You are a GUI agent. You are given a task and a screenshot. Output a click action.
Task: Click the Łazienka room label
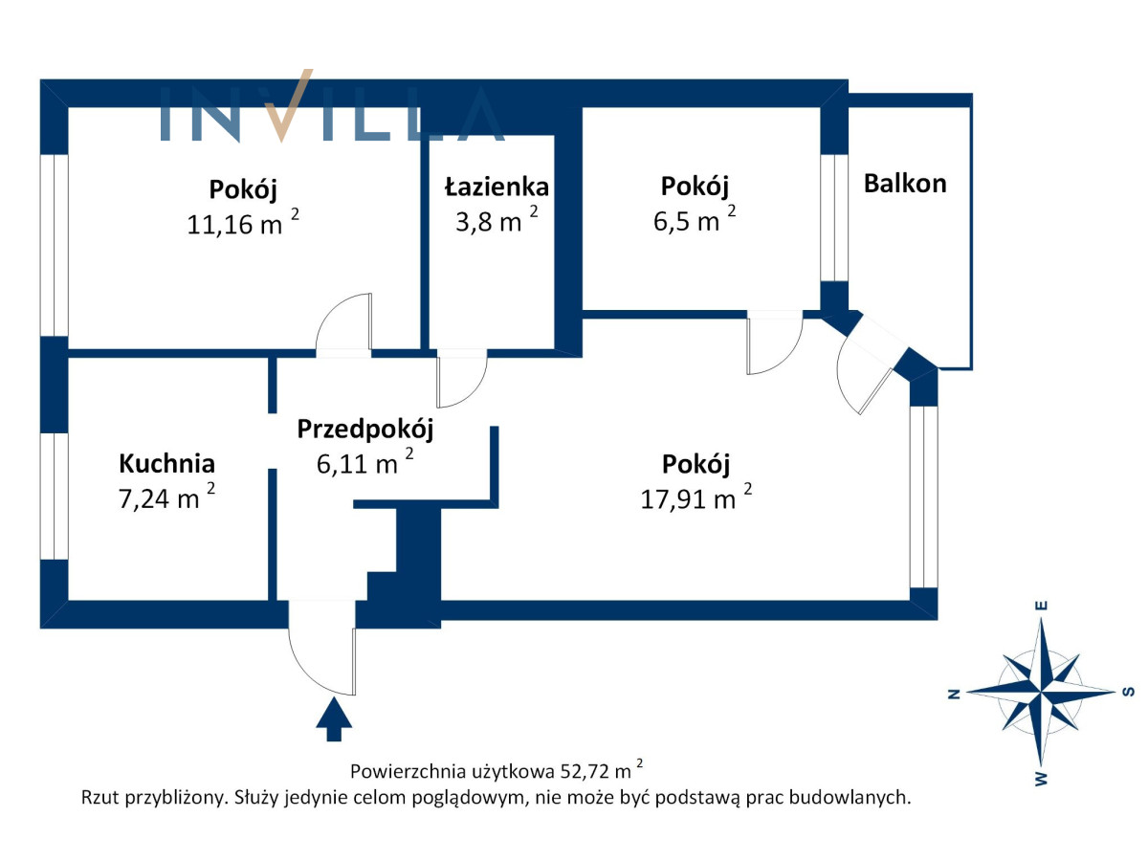(x=497, y=188)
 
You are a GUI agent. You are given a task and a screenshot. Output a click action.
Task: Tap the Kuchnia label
(x=166, y=463)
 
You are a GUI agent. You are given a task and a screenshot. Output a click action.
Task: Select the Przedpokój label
(x=365, y=430)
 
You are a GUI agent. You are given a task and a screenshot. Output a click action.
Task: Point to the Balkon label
(x=905, y=184)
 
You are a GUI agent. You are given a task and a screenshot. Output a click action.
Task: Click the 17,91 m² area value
(x=696, y=497)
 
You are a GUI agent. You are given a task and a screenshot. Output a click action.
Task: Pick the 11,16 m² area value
(x=243, y=223)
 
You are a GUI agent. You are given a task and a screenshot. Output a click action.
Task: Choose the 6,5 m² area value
(x=694, y=219)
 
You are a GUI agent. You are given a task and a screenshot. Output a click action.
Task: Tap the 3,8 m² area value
(x=497, y=220)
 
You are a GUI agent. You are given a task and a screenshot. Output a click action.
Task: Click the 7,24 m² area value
(x=166, y=497)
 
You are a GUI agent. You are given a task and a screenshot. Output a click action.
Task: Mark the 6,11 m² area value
(x=365, y=462)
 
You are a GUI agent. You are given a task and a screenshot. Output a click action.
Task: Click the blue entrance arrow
(x=334, y=718)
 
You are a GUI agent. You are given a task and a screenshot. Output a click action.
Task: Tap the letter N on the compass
(x=955, y=694)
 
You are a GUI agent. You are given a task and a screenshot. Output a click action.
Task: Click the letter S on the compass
(x=1129, y=692)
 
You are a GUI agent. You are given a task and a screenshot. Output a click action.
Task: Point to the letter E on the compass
(x=1041, y=606)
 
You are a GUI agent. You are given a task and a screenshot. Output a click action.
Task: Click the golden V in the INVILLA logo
(x=289, y=105)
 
